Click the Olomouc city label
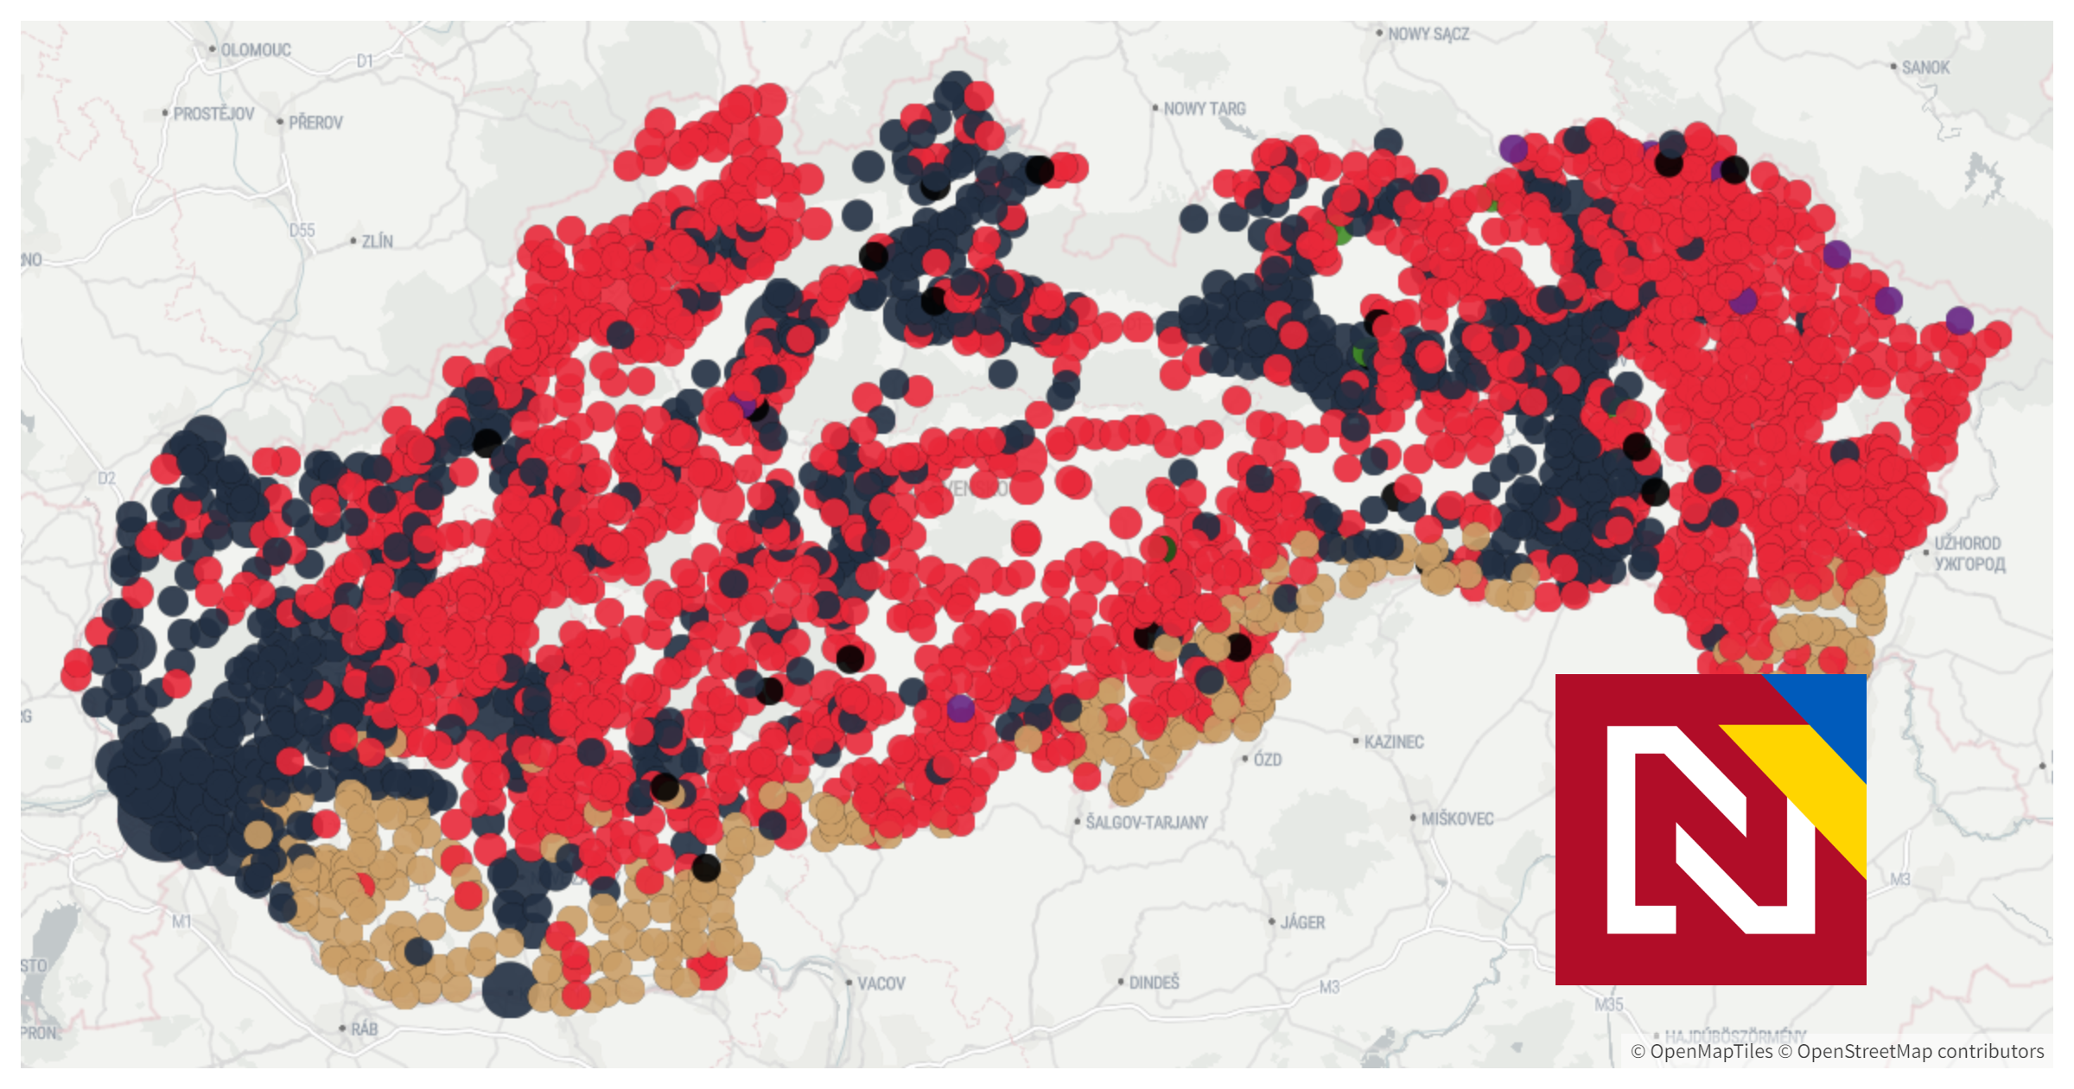coord(256,50)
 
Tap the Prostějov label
coord(213,114)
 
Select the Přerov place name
coord(315,123)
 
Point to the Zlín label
coord(377,242)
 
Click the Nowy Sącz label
coord(1428,35)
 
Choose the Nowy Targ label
coord(1204,109)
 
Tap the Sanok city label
coord(1925,67)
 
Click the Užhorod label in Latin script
coord(1968,544)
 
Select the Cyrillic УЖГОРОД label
coord(1969,564)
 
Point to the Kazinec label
coord(1393,742)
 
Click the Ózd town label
coord(1267,760)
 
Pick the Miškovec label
coord(1457,818)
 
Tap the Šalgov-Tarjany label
coord(1146,822)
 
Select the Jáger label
coord(1302,923)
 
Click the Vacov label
coord(881,984)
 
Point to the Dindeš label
coord(1154,983)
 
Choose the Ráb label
coord(364,1029)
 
